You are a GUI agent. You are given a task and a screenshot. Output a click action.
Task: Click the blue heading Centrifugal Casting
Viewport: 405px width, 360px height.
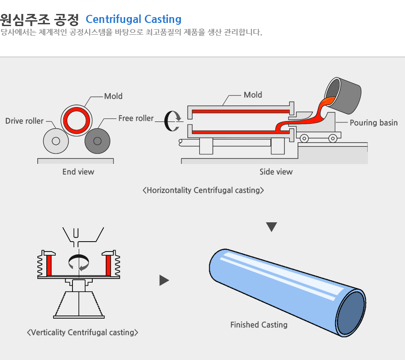click(x=134, y=19)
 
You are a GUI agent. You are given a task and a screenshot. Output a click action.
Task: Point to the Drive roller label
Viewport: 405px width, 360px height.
click(x=24, y=121)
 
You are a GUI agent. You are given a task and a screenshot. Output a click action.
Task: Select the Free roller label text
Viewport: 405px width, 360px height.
click(x=136, y=118)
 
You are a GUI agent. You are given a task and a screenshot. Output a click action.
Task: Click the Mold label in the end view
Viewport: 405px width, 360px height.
click(x=113, y=96)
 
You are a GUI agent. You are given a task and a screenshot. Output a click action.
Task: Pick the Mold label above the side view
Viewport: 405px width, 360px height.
click(x=253, y=95)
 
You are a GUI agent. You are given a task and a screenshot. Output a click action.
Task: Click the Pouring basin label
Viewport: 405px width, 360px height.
click(x=373, y=123)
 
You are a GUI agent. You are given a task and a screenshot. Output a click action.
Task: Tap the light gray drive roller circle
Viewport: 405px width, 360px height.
click(x=56, y=141)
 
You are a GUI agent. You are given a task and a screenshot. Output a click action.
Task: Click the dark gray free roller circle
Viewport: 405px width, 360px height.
click(x=97, y=141)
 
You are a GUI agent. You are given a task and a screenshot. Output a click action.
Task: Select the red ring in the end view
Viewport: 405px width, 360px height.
click(x=76, y=110)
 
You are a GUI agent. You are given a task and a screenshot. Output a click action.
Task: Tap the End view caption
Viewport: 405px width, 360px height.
click(x=78, y=172)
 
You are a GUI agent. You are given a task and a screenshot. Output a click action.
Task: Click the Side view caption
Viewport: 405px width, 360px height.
click(x=276, y=172)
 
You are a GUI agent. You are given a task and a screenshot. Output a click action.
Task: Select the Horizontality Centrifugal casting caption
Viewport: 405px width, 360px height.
click(x=203, y=190)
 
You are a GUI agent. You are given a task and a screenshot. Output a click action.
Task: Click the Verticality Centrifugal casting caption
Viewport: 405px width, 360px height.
click(x=82, y=333)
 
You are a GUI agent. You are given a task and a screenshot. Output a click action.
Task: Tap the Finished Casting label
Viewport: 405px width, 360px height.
click(x=259, y=324)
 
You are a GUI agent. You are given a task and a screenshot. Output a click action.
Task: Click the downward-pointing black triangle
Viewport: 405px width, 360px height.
click(x=271, y=226)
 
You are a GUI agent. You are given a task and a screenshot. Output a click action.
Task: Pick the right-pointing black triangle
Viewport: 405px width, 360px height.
click(x=164, y=280)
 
